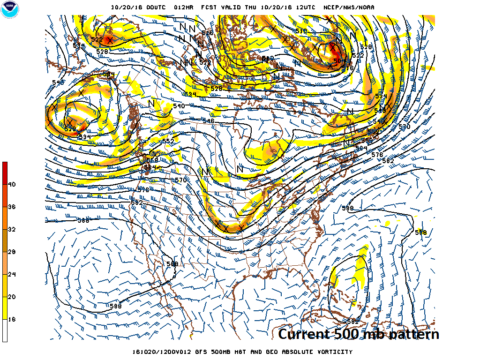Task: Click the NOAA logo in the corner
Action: [x=10, y=10]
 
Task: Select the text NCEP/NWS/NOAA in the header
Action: [x=349, y=7]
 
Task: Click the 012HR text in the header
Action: [x=183, y=7]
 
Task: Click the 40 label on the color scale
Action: [x=11, y=184]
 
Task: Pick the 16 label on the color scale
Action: [x=11, y=319]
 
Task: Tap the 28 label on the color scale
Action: [x=11, y=252]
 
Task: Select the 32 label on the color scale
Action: [x=11, y=229]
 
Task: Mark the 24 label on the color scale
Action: [x=11, y=274]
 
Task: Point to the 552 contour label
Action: [x=168, y=141]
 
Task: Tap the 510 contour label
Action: [x=301, y=31]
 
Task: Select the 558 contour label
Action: [x=152, y=160]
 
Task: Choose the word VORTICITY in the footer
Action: [x=334, y=352]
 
